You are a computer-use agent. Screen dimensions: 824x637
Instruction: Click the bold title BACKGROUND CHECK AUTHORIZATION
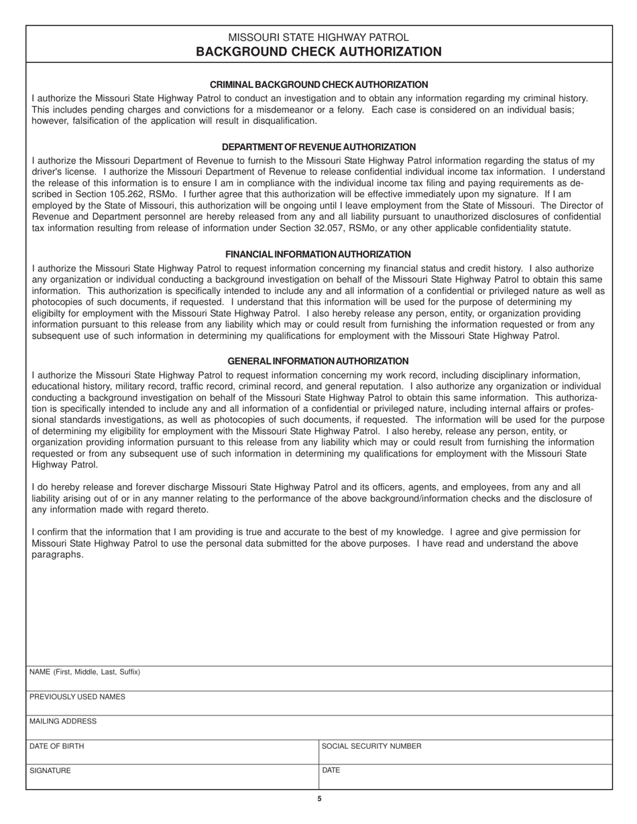(x=318, y=52)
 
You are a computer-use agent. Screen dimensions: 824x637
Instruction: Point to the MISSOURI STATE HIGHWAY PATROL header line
(x=318, y=38)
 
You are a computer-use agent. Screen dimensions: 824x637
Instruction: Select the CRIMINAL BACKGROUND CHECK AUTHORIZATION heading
(x=318, y=84)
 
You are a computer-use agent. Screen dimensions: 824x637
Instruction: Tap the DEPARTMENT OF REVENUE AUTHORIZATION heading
(x=318, y=147)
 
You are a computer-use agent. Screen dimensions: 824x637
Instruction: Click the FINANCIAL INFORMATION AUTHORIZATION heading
(x=318, y=255)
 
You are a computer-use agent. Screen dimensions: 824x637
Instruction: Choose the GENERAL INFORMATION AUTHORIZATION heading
(x=318, y=361)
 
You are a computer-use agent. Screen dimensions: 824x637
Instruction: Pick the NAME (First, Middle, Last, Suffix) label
(x=84, y=672)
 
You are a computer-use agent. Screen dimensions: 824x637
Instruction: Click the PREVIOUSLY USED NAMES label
(x=77, y=697)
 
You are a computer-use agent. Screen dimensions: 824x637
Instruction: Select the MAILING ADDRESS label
(x=63, y=722)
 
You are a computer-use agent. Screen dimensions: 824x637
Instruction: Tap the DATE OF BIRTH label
(x=57, y=746)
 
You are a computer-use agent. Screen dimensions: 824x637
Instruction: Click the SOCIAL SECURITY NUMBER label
(x=371, y=746)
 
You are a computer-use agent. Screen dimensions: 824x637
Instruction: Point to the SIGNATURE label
(x=50, y=771)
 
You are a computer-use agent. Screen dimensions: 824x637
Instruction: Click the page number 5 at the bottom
(x=319, y=799)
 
